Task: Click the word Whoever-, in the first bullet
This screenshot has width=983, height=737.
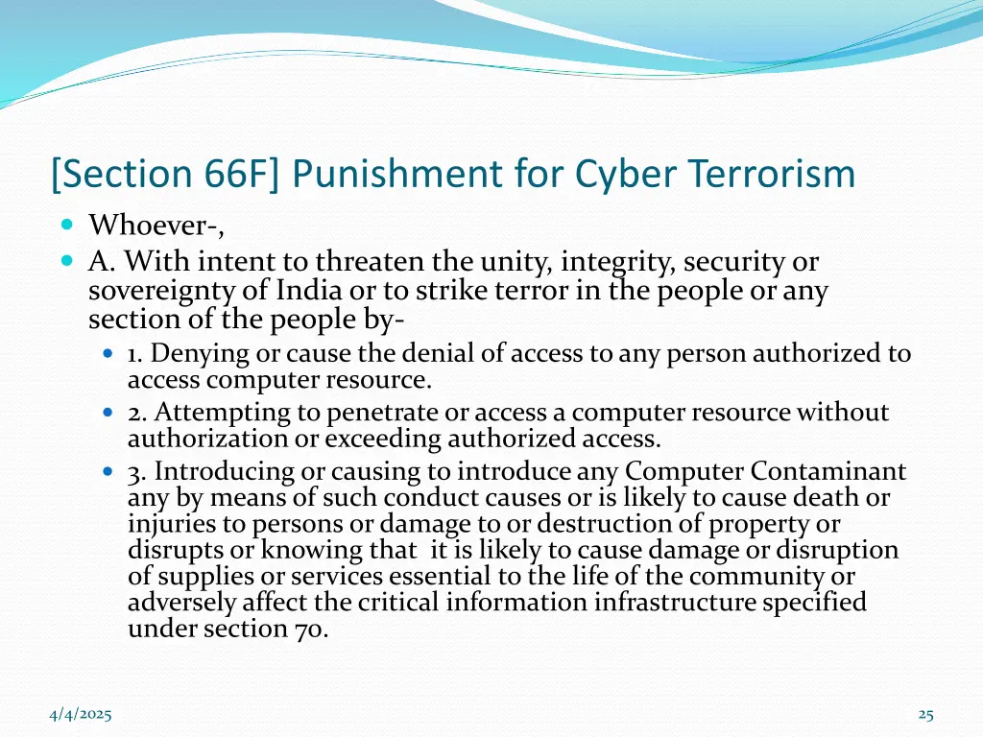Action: pos(156,226)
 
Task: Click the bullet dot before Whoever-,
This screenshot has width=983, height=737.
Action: pos(66,226)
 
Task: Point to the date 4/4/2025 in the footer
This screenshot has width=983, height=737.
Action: pos(81,714)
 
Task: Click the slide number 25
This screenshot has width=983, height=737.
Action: pos(925,714)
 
